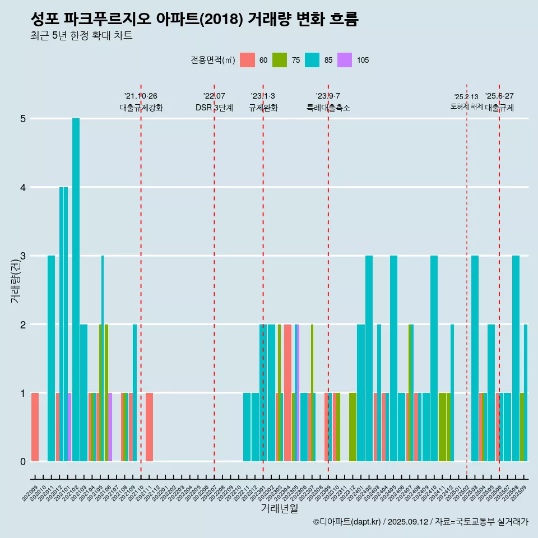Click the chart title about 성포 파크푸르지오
click(x=194, y=20)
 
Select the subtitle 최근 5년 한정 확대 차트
click(x=81, y=36)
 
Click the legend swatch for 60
click(x=247, y=60)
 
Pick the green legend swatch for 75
click(x=280, y=60)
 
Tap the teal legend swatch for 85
click(x=312, y=60)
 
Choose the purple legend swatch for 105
click(x=345, y=60)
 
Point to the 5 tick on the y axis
click(x=23, y=119)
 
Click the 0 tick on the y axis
click(x=23, y=462)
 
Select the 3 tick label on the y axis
click(x=23, y=256)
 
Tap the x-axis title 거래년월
click(x=279, y=508)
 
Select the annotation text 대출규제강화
click(x=141, y=108)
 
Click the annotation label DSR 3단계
click(x=214, y=108)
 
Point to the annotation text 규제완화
click(x=263, y=108)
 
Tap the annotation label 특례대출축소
click(x=328, y=108)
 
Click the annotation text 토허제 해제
click(x=466, y=106)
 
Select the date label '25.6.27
click(x=499, y=96)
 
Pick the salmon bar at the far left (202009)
click(x=35, y=427)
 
